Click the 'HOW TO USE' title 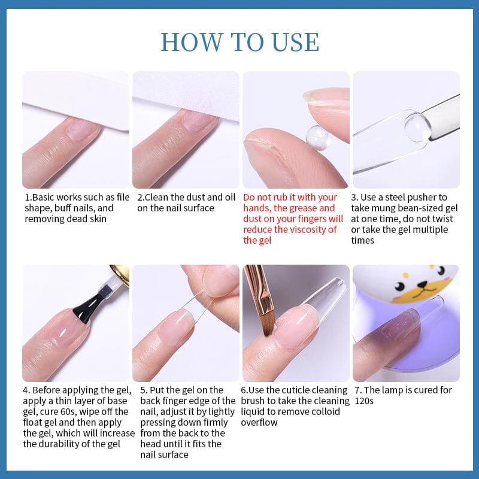[x=239, y=42]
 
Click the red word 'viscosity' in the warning [x=317, y=229]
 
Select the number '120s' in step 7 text [x=363, y=401]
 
